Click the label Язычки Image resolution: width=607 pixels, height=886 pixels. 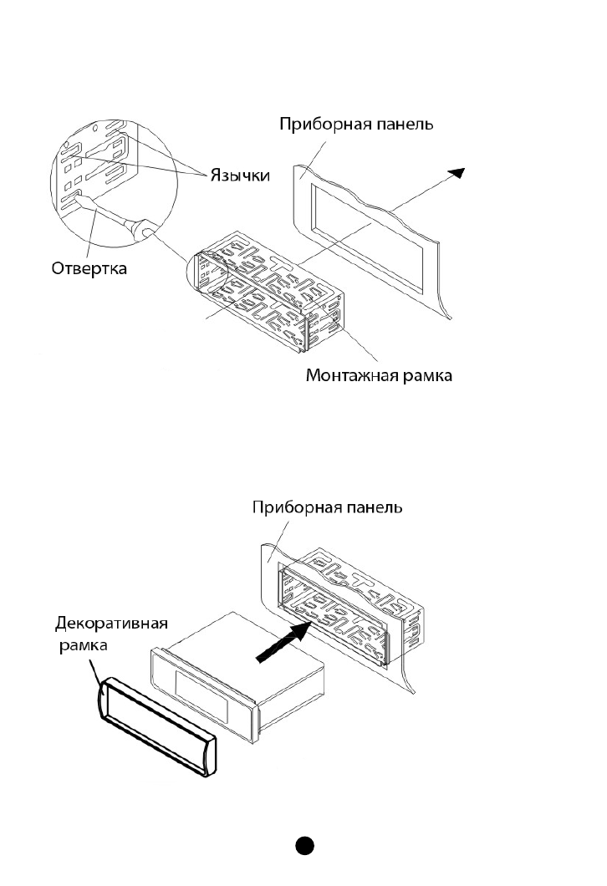click(240, 176)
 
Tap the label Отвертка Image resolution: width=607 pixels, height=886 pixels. click(89, 267)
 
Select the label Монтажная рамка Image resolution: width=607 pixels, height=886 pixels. click(379, 375)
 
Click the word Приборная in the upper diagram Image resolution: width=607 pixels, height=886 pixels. click(318, 125)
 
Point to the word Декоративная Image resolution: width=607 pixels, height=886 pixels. click(111, 624)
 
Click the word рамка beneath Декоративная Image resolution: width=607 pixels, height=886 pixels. click(83, 645)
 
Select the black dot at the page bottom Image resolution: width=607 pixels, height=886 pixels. click(304, 845)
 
